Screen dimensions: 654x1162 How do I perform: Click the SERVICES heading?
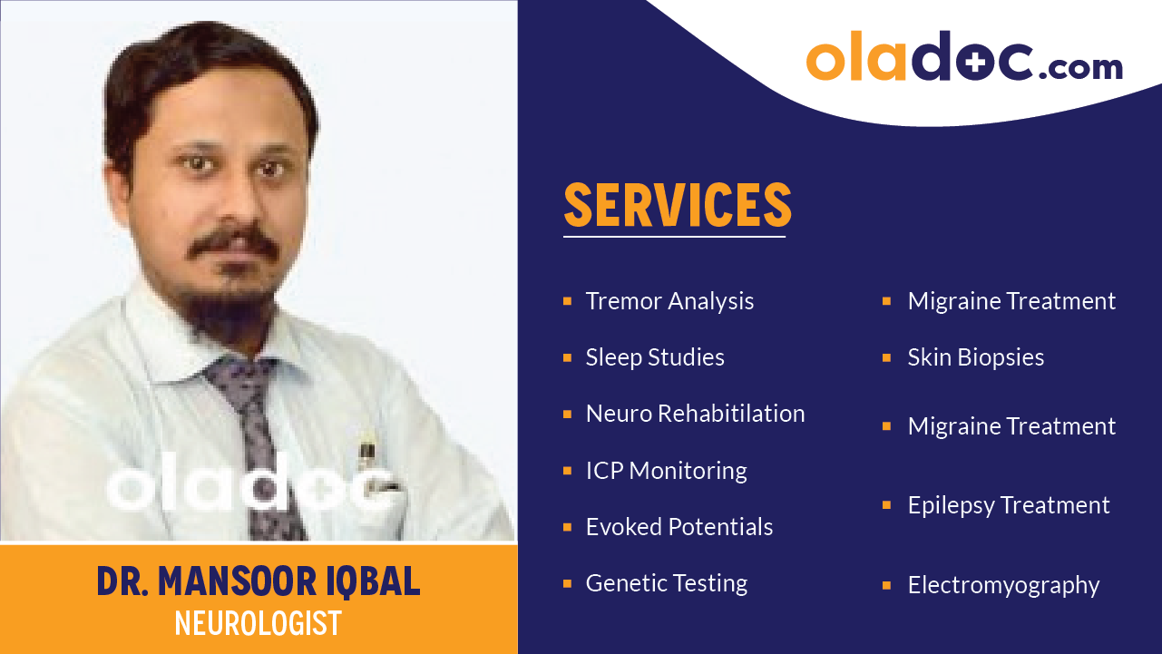[678, 206]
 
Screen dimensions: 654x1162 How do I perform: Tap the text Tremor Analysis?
[669, 301]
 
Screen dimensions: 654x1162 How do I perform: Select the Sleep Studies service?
[655, 357]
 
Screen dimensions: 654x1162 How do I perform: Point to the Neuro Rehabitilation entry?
[695, 414]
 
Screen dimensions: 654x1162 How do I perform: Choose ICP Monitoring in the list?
[666, 471]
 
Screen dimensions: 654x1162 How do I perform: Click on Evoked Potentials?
[679, 527]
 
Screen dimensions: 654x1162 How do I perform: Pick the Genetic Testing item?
[667, 583]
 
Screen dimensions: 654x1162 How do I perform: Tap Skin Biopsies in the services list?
[975, 357]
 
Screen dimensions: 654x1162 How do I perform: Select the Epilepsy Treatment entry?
[1009, 505]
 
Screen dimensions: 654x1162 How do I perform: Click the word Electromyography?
[1003, 586]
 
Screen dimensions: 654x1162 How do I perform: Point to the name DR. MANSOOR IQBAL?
[259, 581]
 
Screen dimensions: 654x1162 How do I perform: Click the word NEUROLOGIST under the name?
[259, 623]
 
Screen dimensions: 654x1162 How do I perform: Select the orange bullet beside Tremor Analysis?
[568, 301]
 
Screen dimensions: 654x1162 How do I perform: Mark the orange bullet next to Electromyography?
[887, 586]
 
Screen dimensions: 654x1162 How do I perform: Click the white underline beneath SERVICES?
[674, 237]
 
